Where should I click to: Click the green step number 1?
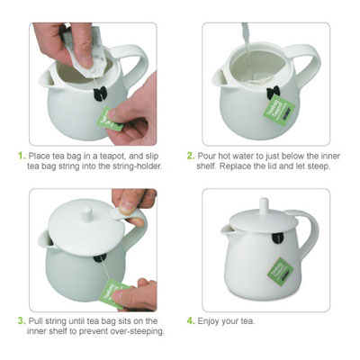pos(22,155)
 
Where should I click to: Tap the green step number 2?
pos(192,155)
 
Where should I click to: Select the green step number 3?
pos(22,319)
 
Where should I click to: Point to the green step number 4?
pos(192,319)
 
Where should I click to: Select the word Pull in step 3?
pos(38,319)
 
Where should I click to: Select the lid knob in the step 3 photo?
pos(86,212)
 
